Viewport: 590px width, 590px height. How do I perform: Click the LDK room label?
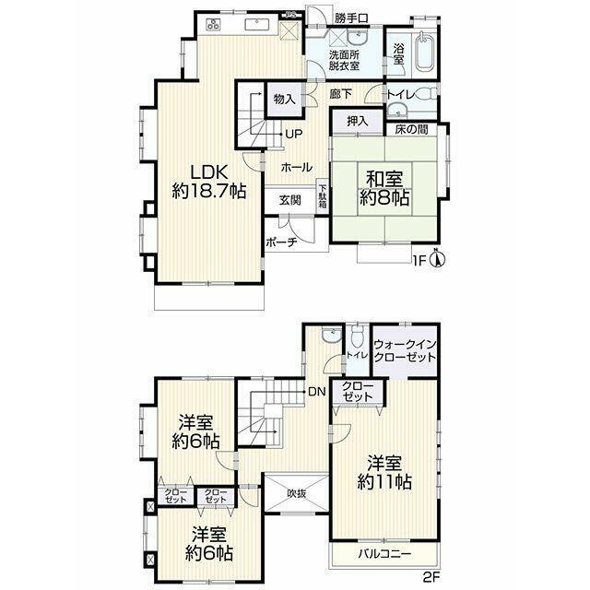click(x=209, y=183)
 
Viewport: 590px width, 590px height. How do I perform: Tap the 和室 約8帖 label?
click(x=384, y=188)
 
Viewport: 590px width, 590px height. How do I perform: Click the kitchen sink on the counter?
click(x=257, y=25)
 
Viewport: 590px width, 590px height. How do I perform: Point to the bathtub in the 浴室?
click(x=424, y=53)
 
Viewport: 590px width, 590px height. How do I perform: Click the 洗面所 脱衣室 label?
click(x=344, y=60)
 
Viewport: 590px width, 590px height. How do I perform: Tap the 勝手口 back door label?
click(x=351, y=18)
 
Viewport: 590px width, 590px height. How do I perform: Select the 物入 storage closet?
click(x=285, y=100)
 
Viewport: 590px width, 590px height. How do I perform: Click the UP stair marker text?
click(x=294, y=134)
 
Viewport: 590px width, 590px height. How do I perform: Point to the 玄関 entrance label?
click(x=290, y=200)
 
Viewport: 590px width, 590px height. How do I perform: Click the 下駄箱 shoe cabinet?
click(x=323, y=195)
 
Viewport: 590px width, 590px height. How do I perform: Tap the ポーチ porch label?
click(x=282, y=242)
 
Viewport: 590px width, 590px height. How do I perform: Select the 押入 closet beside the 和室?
click(x=358, y=121)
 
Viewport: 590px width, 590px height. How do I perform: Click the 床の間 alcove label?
click(x=412, y=130)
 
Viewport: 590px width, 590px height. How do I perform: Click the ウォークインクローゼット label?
click(x=405, y=350)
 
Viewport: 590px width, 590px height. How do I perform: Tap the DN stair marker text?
click(x=316, y=392)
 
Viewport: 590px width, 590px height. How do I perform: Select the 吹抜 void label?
click(x=296, y=493)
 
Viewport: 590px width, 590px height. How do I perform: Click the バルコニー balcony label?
click(x=384, y=554)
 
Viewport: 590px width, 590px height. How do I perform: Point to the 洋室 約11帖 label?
click(x=384, y=473)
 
